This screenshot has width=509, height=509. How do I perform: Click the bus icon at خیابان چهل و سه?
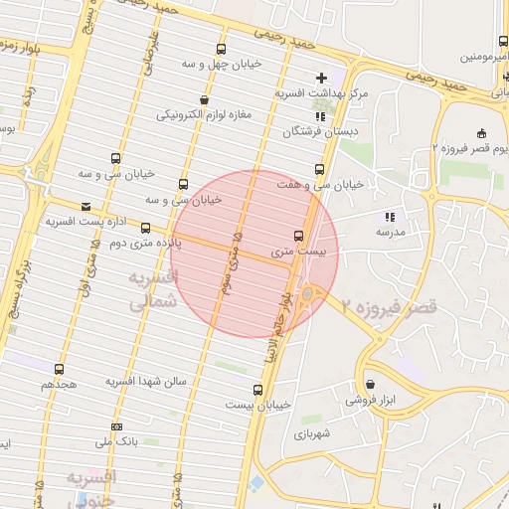220,48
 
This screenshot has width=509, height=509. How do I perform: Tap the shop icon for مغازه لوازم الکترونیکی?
204,99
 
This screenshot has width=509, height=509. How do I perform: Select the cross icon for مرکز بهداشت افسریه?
320,78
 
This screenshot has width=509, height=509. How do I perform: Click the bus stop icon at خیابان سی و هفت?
319,169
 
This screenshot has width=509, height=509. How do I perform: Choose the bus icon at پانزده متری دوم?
146,228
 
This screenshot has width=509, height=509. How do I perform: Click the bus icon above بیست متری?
298,237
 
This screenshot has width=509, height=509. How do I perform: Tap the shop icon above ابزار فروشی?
371,384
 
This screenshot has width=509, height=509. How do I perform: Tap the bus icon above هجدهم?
59,369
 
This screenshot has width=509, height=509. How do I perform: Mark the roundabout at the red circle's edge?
309,293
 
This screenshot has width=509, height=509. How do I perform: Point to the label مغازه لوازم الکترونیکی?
204,114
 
